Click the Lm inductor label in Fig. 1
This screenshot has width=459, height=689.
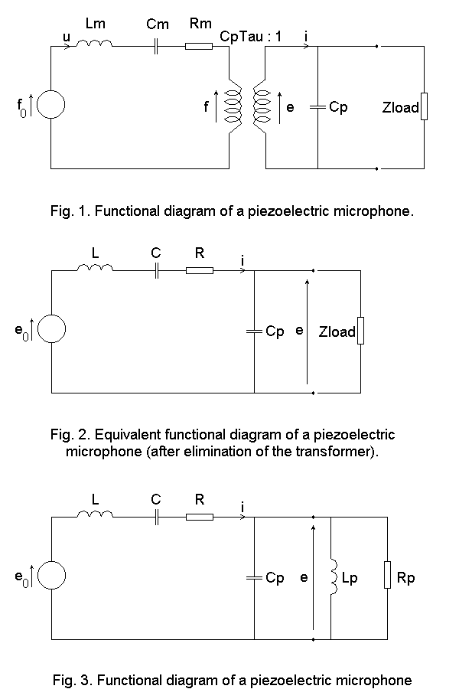pyautogui.click(x=96, y=23)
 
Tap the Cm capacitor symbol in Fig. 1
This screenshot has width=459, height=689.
pyautogui.click(x=155, y=46)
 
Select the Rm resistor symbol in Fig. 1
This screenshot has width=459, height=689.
pyautogui.click(x=199, y=46)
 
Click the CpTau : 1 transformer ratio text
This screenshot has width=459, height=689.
pyautogui.click(x=250, y=37)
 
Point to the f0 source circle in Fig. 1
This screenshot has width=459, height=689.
pyautogui.click(x=51, y=105)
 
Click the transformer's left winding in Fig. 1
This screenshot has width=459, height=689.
pyautogui.click(x=233, y=106)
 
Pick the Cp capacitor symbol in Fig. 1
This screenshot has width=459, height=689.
pyautogui.click(x=317, y=106)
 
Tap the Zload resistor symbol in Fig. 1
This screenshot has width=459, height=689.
pyautogui.click(x=424, y=106)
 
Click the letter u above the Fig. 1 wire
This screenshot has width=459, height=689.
pyautogui.click(x=67, y=37)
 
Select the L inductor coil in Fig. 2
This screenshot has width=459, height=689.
pyautogui.click(x=95, y=268)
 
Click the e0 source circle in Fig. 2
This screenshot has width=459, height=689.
pyautogui.click(x=52, y=328)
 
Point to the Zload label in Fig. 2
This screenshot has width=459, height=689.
pyautogui.click(x=337, y=331)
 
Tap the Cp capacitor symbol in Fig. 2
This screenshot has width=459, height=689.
pyautogui.click(x=254, y=331)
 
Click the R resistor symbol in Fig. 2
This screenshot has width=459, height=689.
pyautogui.click(x=200, y=271)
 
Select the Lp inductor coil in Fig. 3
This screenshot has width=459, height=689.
pyautogui.click(x=334, y=577)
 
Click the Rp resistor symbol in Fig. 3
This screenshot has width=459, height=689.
pyautogui.click(x=387, y=575)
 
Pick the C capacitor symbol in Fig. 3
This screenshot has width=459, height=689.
pyautogui.click(x=156, y=518)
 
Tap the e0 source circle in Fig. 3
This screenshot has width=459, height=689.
pyautogui.click(x=52, y=575)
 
